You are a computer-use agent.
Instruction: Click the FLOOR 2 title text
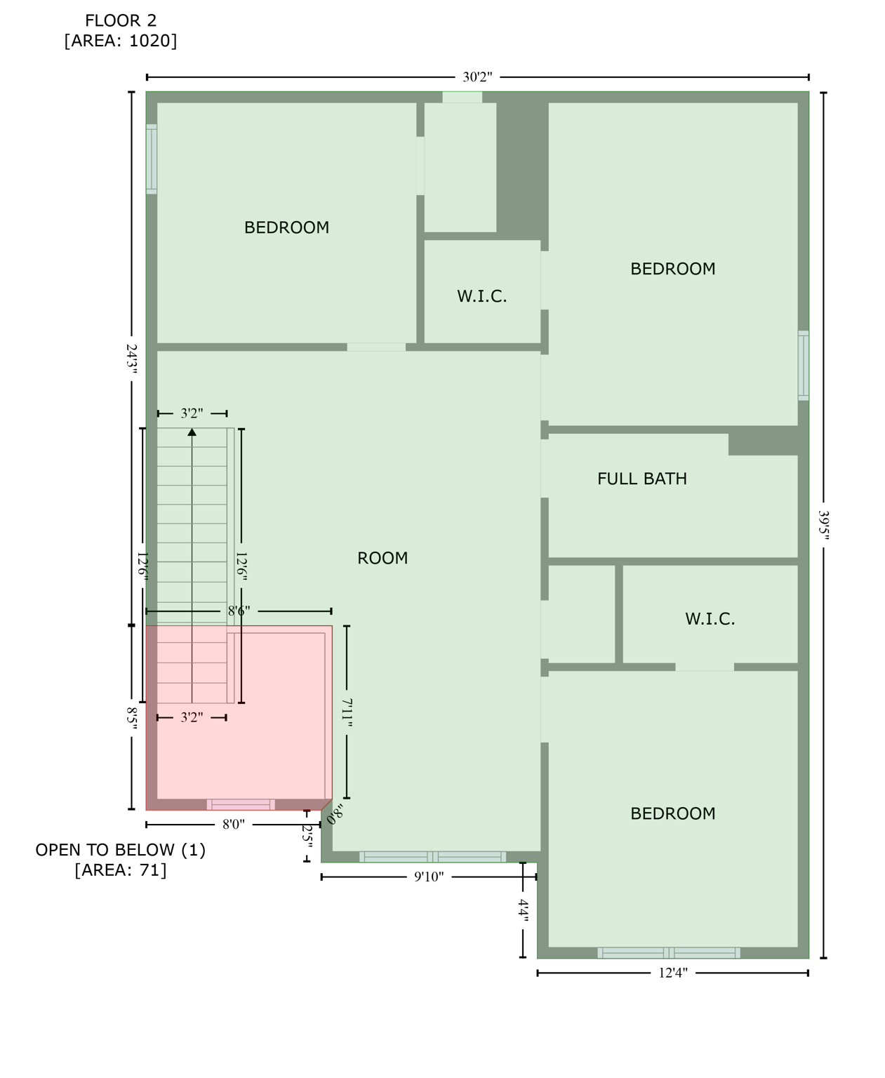[121, 21]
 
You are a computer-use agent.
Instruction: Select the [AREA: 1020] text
[121, 41]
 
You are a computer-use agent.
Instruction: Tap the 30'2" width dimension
[477, 77]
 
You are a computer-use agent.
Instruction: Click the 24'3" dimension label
[131, 359]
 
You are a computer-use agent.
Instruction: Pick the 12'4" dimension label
[672, 973]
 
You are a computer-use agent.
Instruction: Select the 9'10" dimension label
[428, 877]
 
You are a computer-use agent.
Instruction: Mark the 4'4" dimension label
[523, 910]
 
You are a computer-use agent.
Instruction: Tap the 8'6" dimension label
[239, 611]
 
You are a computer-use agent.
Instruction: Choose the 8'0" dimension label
[233, 824]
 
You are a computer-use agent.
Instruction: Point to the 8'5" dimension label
[131, 718]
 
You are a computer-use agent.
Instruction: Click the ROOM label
[382, 559]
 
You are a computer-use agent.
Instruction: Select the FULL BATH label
[641, 479]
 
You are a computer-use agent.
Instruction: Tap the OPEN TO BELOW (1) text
[121, 850]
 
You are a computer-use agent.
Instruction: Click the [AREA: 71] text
[121, 870]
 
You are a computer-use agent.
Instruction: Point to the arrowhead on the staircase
[192, 432]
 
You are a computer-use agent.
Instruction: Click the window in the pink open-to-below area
[241, 804]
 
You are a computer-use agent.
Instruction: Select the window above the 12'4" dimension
[668, 952]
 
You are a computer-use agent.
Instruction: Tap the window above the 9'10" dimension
[432, 857]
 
